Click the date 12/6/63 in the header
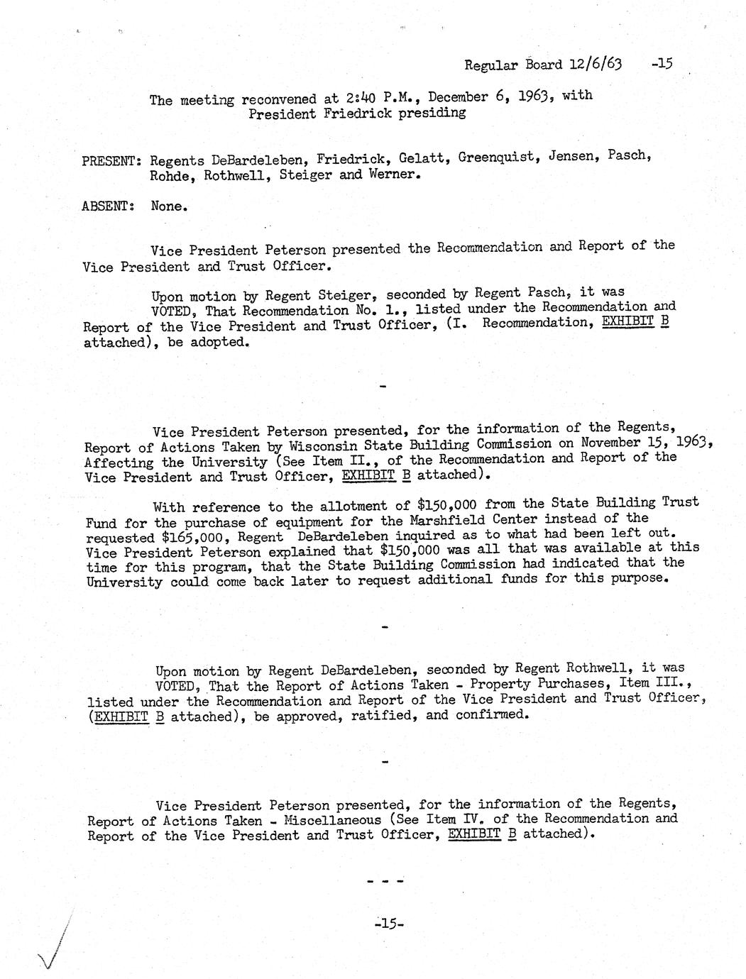[596, 65]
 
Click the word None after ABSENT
[169, 206]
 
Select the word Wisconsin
[326, 446]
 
